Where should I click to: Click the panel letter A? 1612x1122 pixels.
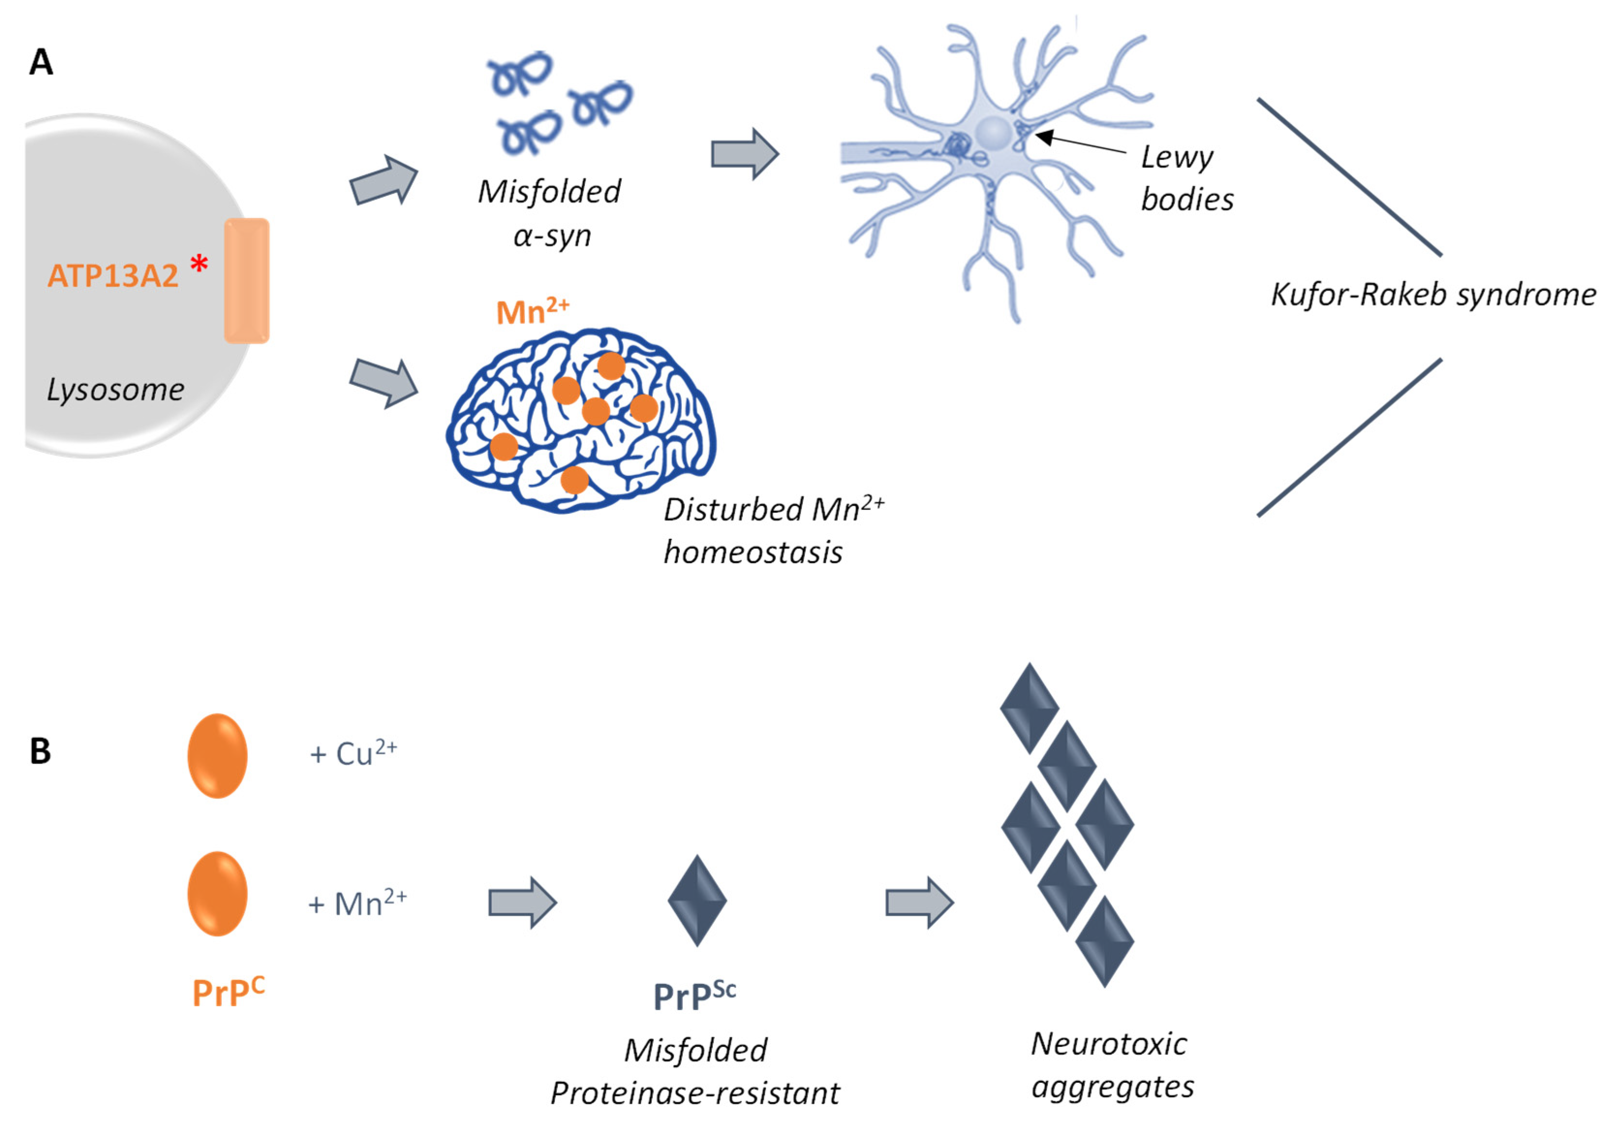click(41, 62)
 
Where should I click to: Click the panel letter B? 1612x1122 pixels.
click(40, 751)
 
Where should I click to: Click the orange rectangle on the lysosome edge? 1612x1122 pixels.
click(246, 281)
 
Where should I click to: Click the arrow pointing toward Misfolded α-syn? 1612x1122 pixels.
click(384, 181)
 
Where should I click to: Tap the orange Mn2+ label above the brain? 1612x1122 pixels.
click(532, 310)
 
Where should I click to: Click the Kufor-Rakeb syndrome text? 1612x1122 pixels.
click(1433, 295)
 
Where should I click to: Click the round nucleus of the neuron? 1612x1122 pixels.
click(994, 131)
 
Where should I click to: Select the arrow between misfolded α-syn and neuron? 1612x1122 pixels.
click(744, 154)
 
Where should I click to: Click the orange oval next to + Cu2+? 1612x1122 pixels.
click(217, 755)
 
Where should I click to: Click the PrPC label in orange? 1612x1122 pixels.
click(228, 991)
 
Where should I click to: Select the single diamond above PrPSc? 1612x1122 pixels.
click(696, 900)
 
